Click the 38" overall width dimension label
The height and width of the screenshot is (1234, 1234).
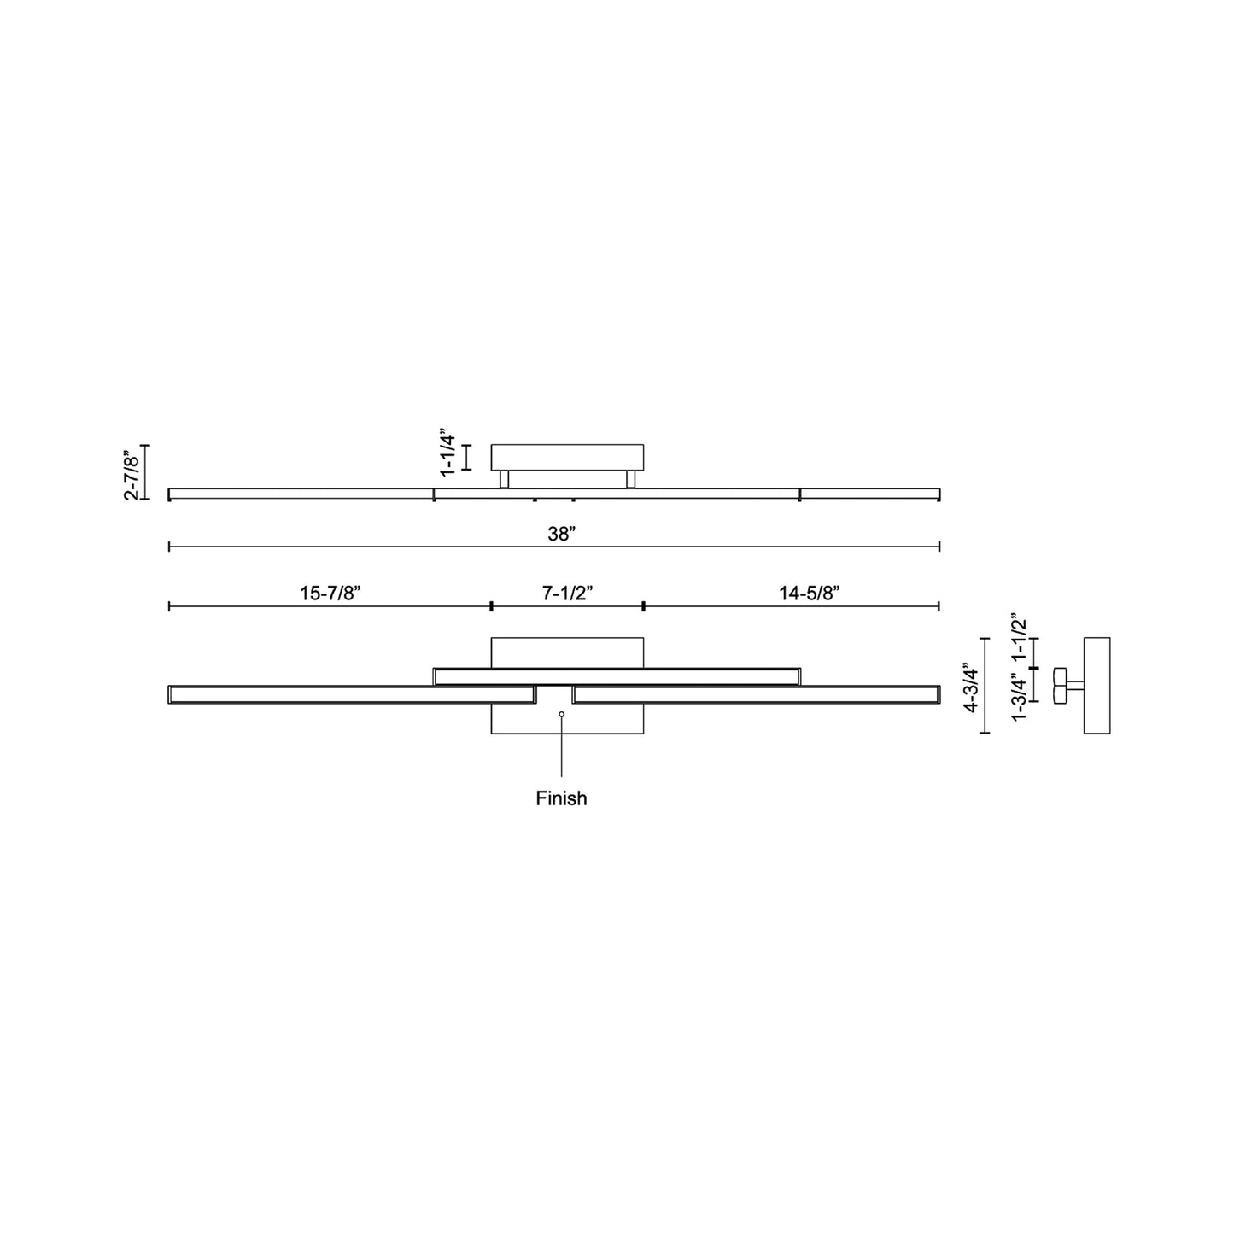point(562,534)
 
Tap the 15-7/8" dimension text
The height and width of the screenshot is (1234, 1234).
point(330,593)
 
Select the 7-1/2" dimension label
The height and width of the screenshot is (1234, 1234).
point(567,593)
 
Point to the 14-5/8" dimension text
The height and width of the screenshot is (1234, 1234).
point(809,593)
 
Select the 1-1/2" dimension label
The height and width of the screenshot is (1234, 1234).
point(1018,638)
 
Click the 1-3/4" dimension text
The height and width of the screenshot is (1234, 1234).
point(1018,697)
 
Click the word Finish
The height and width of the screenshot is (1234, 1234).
point(561,798)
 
